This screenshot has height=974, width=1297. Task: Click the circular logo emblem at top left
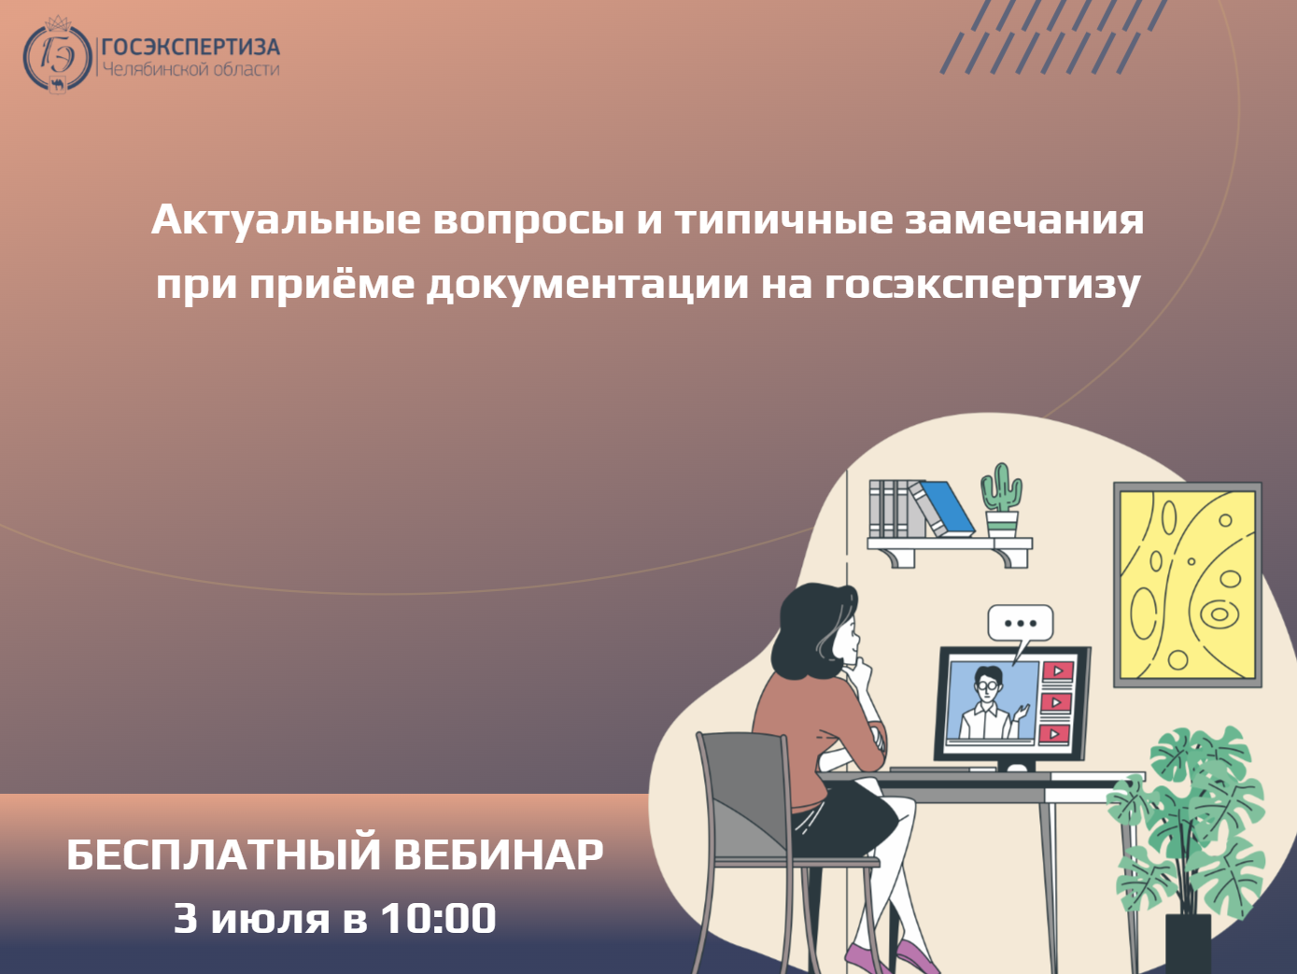pos(57,56)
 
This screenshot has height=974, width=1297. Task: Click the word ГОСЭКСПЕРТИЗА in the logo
pos(190,47)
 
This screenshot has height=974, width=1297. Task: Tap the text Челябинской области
pos(190,70)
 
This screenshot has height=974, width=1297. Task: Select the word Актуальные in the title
pos(287,220)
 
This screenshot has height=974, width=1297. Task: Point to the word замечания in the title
pos(1024,220)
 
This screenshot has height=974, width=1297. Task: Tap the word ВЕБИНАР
pos(499,854)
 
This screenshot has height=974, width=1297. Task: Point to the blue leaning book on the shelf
pos(942,508)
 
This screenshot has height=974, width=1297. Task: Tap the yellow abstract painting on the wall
pos(1187,585)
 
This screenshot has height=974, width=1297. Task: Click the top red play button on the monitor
pos(1057,671)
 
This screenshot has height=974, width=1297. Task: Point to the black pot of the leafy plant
pos(1189,944)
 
